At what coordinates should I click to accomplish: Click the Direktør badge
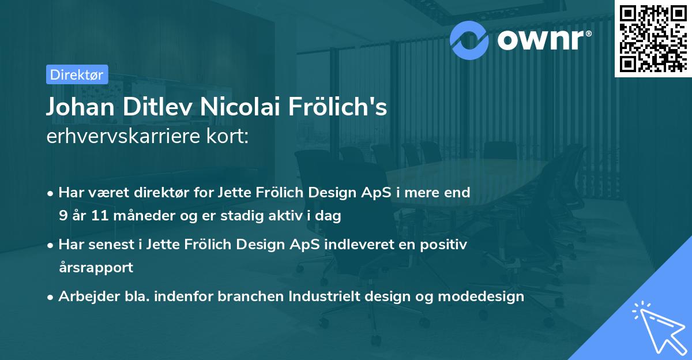pyautogui.click(x=77, y=74)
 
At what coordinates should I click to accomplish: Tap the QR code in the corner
pyautogui.click(x=653, y=39)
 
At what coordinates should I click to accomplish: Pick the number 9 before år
pyautogui.click(x=62, y=216)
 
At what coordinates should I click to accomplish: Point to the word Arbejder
pyautogui.click(x=83, y=297)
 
